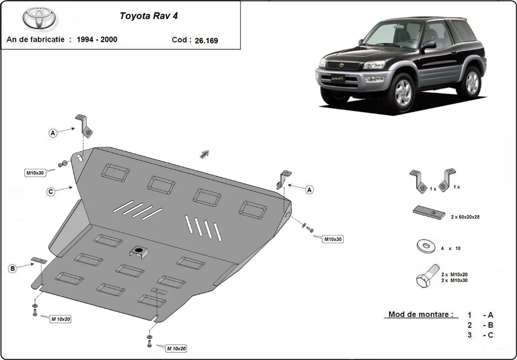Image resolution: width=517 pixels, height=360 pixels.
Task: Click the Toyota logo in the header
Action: tap(39, 19)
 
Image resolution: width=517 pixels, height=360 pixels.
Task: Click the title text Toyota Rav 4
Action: tap(148, 16)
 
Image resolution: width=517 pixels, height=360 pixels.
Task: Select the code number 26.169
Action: tap(207, 41)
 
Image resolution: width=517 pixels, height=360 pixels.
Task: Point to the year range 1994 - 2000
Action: tap(97, 40)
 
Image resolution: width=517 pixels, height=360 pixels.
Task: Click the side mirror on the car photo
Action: tap(429, 44)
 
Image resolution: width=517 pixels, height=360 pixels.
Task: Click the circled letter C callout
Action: tap(51, 192)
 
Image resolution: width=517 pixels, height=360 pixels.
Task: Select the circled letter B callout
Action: tap(12, 269)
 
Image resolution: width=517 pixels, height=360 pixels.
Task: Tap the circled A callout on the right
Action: tap(309, 190)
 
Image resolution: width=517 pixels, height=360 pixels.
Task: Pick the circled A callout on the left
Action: tap(53, 133)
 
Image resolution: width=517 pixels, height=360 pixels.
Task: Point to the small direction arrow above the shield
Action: tap(205, 154)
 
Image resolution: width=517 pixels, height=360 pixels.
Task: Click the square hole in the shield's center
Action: tap(139, 251)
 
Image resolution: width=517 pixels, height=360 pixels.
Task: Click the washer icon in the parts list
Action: tap(425, 247)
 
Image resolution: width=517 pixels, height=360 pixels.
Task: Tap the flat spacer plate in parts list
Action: tap(427, 213)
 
